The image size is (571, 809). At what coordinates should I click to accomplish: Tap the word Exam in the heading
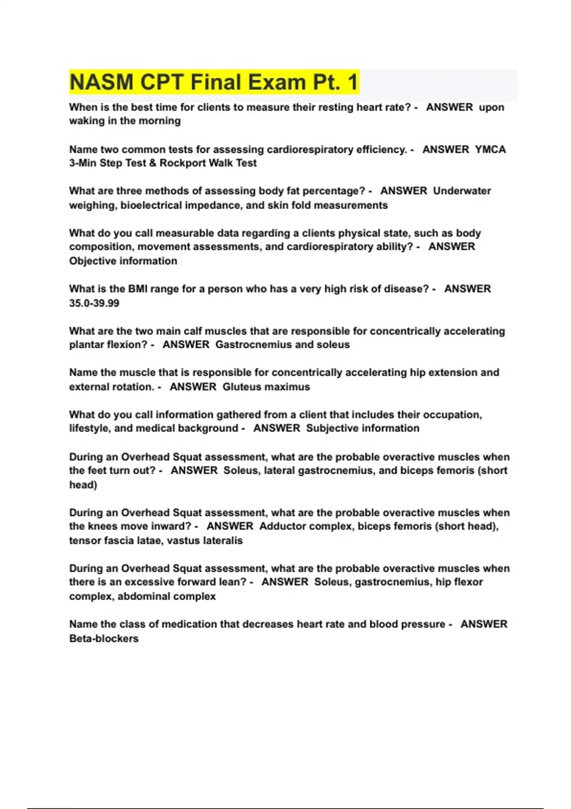point(278,82)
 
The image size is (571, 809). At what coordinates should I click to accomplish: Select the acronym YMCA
point(490,149)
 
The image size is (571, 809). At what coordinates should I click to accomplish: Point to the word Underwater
point(462,191)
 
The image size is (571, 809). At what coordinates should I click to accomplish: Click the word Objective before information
point(92,261)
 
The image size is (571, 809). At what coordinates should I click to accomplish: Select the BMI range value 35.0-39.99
point(94,303)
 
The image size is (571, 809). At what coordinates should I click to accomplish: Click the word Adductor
point(282,526)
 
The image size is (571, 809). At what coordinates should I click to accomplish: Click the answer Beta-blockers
point(104,639)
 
